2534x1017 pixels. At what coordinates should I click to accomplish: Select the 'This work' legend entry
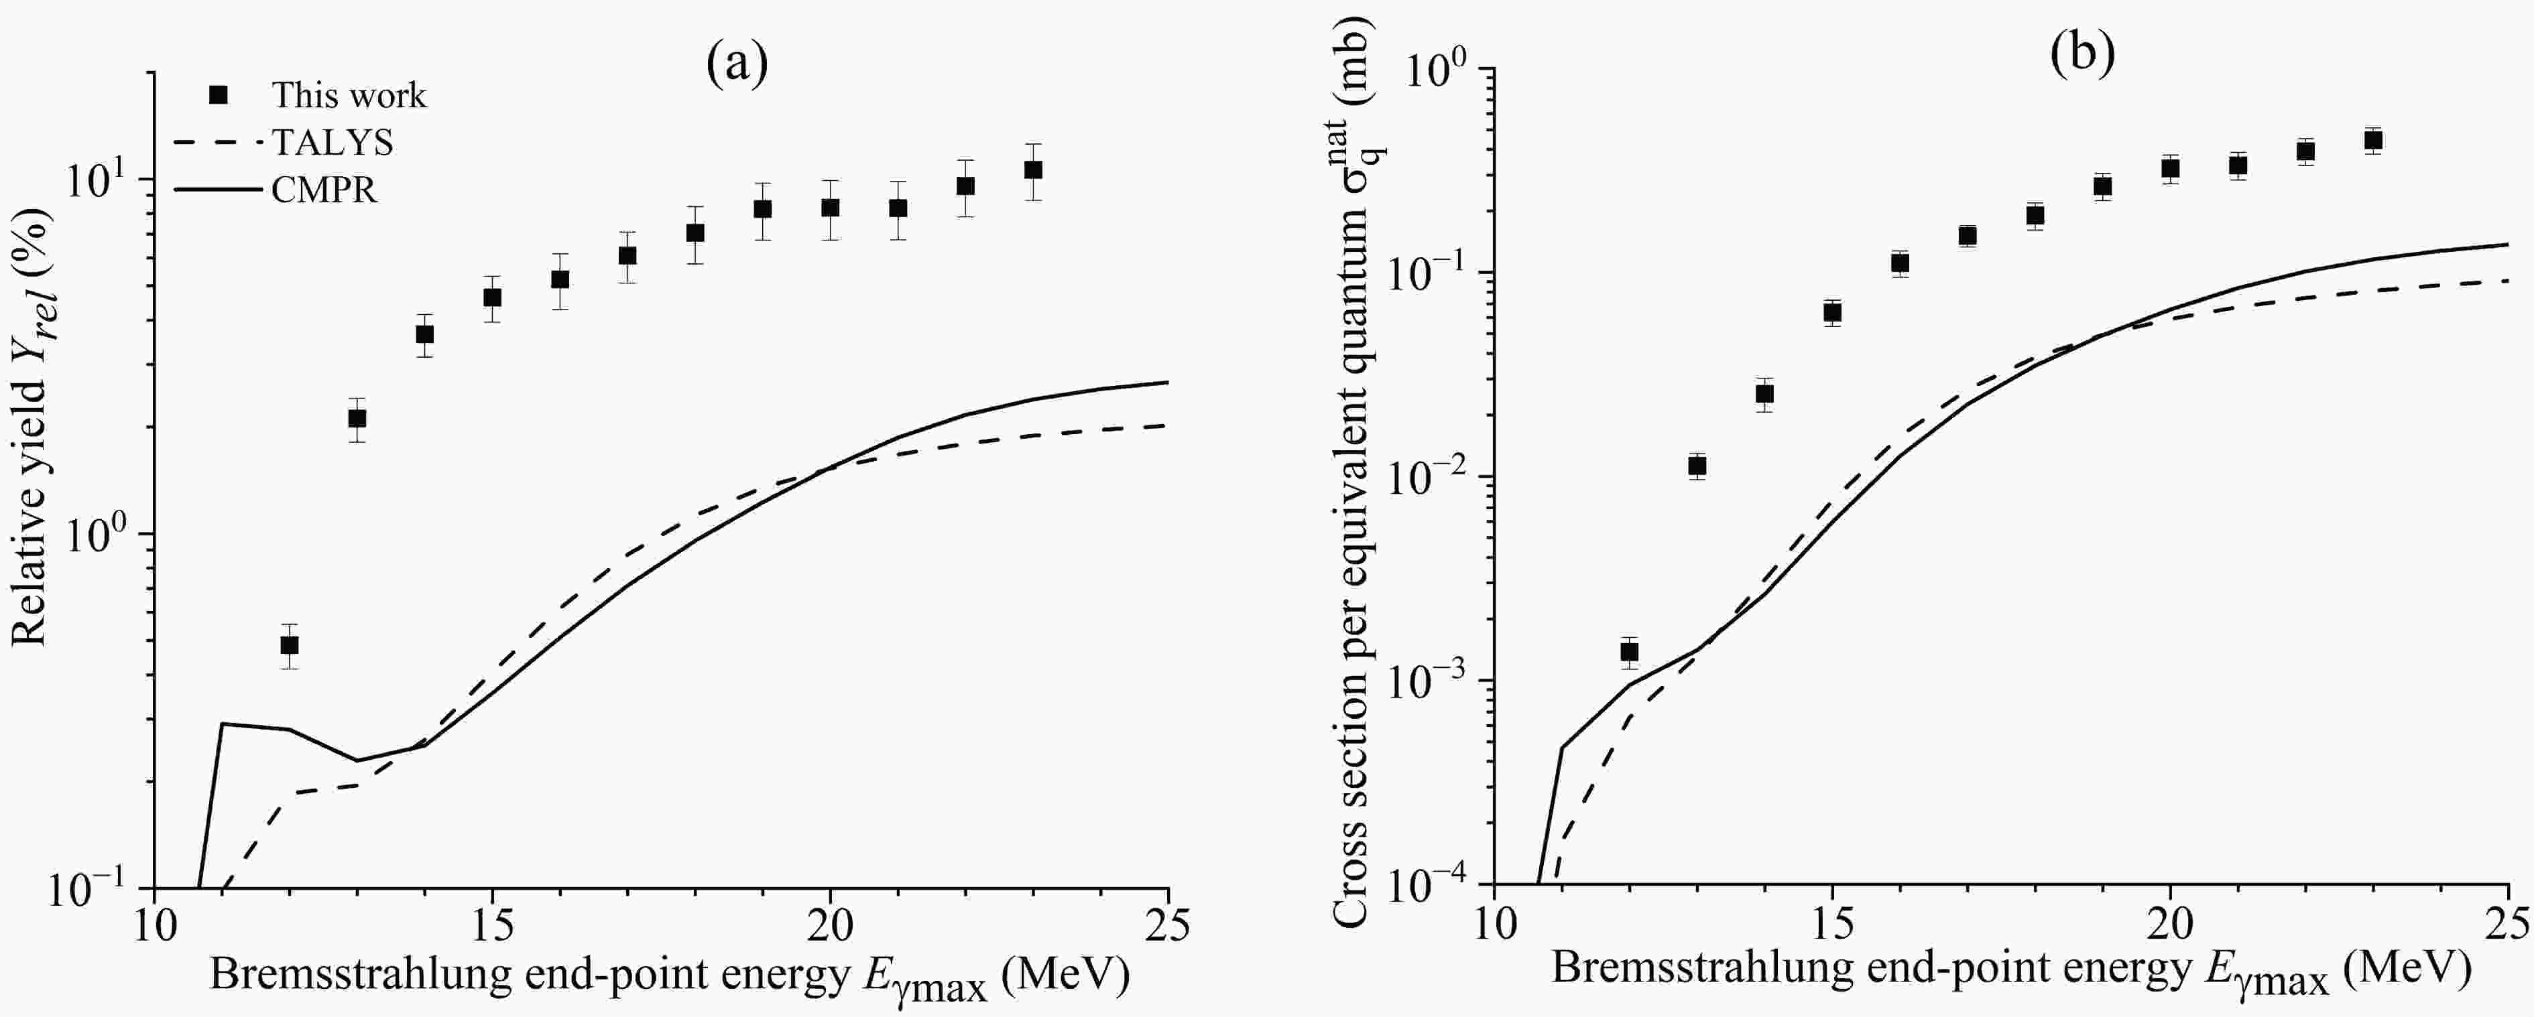(x=348, y=95)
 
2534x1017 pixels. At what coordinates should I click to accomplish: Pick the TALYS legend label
(x=333, y=143)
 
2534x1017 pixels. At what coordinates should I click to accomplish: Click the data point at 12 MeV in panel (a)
(x=289, y=645)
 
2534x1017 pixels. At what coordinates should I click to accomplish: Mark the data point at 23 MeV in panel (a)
(x=1033, y=170)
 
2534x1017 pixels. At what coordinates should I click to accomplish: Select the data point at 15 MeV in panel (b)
(x=1831, y=313)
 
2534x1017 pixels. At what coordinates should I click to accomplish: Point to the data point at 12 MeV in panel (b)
(x=1629, y=651)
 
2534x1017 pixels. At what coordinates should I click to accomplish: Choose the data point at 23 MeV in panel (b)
(x=2372, y=141)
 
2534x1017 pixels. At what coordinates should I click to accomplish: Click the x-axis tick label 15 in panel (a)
(x=492, y=927)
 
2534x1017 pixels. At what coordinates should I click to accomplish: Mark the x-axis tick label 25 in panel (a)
(x=1168, y=927)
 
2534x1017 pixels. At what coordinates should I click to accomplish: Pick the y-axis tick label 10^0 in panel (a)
(x=106, y=534)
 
